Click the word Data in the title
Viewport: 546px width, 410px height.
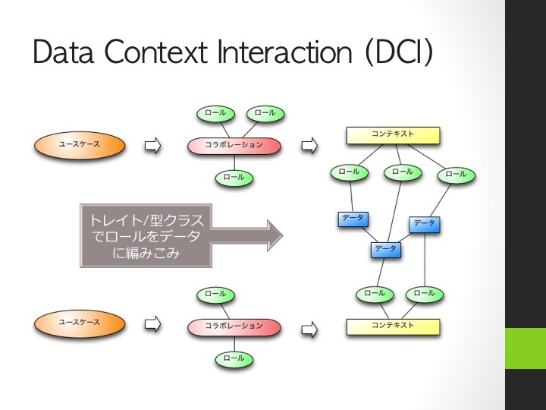(64, 52)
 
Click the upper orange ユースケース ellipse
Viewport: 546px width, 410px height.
(80, 145)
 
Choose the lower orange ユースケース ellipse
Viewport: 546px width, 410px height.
(80, 323)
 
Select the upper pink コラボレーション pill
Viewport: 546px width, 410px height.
(234, 146)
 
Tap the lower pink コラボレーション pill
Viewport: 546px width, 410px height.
(234, 327)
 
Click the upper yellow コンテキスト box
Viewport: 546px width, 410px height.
(393, 135)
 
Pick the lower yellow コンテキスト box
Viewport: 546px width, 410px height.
(393, 326)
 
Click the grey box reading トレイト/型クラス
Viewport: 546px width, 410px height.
(146, 235)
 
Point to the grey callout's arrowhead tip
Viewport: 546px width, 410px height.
(283, 235)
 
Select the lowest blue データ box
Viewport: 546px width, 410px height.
(386, 250)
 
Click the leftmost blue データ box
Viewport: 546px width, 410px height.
(353, 219)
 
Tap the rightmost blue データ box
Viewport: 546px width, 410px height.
(425, 224)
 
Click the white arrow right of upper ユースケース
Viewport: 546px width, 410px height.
(153, 145)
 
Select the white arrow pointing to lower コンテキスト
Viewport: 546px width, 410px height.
(309, 330)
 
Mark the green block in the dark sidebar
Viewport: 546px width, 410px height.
(526, 348)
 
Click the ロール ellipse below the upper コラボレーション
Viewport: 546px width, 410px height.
(234, 178)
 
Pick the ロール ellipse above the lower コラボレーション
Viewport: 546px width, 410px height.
(216, 295)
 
